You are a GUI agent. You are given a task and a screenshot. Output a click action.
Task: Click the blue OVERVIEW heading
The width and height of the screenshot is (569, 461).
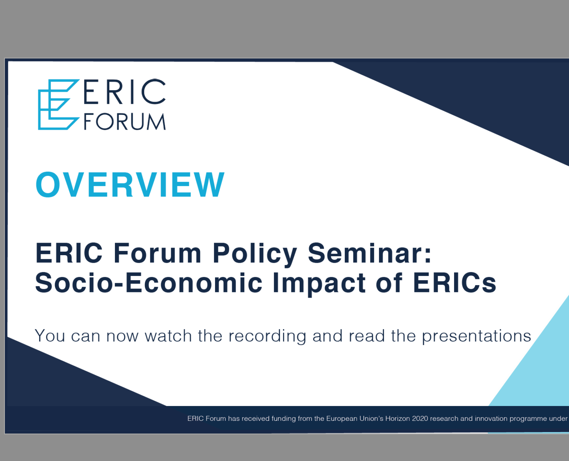tap(130, 185)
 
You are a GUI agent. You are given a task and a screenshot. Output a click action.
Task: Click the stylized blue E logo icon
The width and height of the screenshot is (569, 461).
tap(57, 105)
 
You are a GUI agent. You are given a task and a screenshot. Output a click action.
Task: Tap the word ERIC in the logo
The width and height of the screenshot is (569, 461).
tap(124, 92)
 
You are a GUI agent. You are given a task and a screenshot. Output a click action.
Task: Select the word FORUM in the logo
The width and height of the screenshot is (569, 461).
tap(124, 122)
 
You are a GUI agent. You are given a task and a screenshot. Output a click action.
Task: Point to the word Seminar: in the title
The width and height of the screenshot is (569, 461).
tap(369, 253)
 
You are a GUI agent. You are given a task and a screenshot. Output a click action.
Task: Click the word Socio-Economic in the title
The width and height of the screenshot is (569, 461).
tap(149, 283)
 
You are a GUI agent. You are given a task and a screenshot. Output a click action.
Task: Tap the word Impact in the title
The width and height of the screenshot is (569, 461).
tap(319, 283)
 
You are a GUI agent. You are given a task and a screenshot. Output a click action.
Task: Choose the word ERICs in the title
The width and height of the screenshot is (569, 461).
tap(454, 283)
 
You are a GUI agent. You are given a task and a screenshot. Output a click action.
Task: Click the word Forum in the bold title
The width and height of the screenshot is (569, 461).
tap(157, 253)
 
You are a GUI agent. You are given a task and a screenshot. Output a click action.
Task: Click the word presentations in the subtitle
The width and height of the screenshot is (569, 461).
tap(476, 336)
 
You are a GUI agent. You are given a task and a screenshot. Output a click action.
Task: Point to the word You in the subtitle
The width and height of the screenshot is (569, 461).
tap(50, 336)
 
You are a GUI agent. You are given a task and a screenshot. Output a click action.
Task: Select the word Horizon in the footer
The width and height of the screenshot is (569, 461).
tap(398, 419)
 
